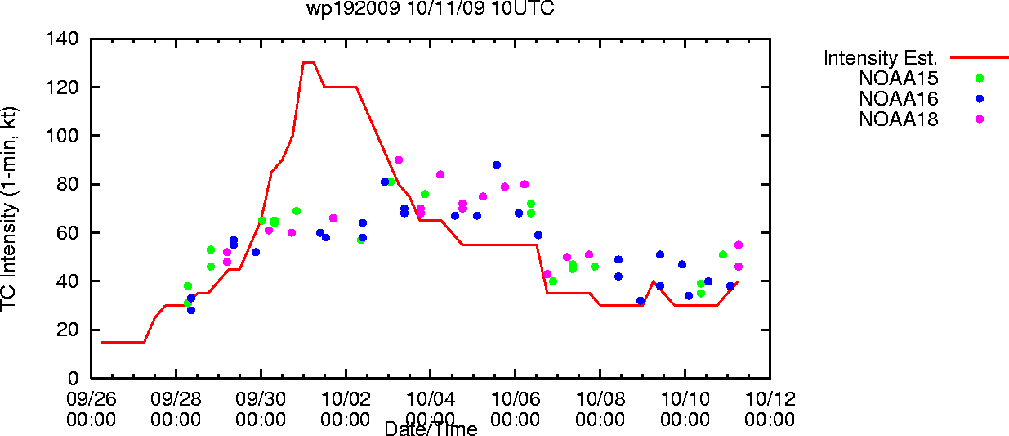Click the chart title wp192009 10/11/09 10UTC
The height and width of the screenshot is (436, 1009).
click(431, 8)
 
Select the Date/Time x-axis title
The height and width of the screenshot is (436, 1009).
click(431, 429)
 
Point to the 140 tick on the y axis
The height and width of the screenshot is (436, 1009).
click(62, 38)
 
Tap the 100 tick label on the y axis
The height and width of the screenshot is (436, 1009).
click(62, 136)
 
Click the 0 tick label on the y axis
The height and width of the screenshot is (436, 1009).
click(73, 378)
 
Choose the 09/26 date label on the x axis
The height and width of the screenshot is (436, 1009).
click(91, 399)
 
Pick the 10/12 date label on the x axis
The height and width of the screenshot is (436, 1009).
click(770, 399)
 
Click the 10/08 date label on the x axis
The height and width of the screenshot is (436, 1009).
click(600, 399)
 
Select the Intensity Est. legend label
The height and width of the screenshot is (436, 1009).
click(880, 58)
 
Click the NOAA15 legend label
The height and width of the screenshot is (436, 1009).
click(898, 79)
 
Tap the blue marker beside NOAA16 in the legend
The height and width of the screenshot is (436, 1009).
click(980, 99)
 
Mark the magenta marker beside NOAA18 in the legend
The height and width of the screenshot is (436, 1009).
click(980, 119)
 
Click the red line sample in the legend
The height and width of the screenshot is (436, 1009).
click(980, 58)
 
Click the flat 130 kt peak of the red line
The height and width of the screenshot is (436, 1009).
click(309, 63)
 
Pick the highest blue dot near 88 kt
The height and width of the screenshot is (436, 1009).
click(497, 165)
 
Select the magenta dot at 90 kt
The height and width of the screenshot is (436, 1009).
click(398, 160)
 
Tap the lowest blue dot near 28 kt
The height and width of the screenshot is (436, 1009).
click(191, 311)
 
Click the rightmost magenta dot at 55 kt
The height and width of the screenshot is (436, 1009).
click(739, 245)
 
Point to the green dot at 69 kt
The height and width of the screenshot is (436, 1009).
click(296, 212)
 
